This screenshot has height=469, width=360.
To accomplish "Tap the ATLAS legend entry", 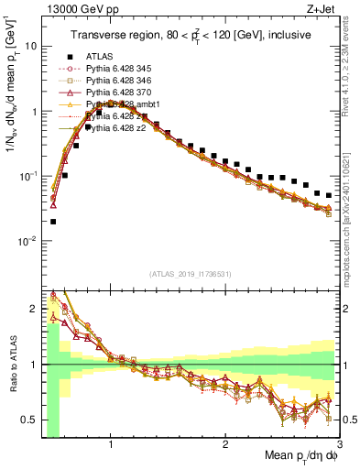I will click(x=101, y=57).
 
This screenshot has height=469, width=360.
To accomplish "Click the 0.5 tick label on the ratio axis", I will click(x=29, y=420).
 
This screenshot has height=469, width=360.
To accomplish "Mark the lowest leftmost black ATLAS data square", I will click(x=53, y=221).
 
